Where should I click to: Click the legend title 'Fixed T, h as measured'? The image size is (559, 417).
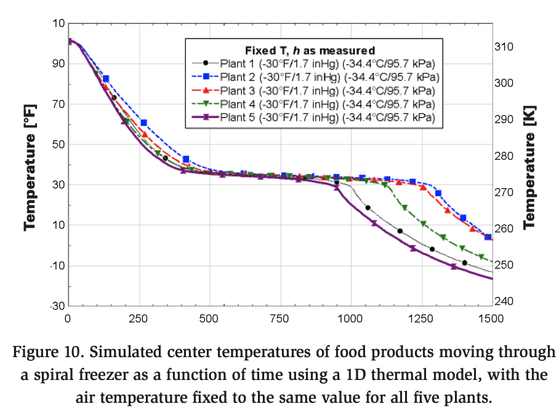(310, 49)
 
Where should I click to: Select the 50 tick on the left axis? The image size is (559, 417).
(58, 144)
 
